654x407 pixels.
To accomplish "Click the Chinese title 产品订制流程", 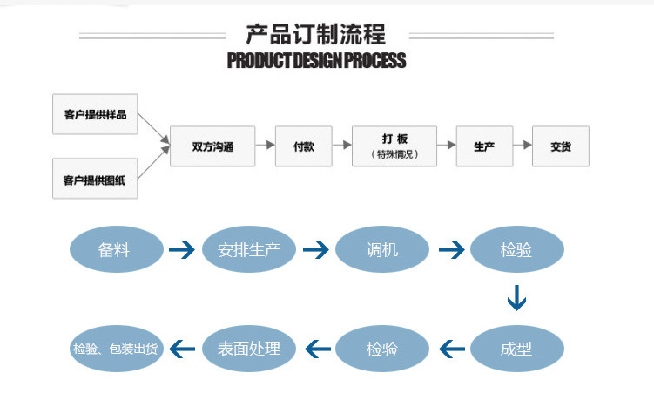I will [x=315, y=34].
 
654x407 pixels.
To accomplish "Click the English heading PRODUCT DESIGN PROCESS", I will [x=315, y=61].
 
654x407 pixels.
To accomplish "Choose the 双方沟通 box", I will [x=213, y=146].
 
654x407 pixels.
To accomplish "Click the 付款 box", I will [x=304, y=146].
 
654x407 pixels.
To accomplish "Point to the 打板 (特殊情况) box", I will [x=394, y=146].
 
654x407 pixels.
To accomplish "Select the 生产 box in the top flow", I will [x=484, y=146].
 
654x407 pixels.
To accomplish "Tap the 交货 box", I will [x=561, y=146].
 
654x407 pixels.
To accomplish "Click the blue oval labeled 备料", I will [x=116, y=250].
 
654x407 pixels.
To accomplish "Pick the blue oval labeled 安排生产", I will [x=249, y=250].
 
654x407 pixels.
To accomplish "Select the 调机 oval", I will [x=382, y=250].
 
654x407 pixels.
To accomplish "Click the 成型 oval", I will [x=516, y=349].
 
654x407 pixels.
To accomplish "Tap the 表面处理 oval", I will [x=249, y=349].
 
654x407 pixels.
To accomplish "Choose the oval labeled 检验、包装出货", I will [x=116, y=349].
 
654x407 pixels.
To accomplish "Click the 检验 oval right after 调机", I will [x=516, y=250].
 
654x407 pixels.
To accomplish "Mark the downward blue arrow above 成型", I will [x=516, y=299].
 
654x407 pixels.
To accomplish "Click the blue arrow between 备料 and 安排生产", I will [x=182, y=250].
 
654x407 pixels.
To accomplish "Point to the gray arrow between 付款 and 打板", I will [x=342, y=146].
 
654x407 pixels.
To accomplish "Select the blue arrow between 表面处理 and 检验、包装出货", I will [x=182, y=349].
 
